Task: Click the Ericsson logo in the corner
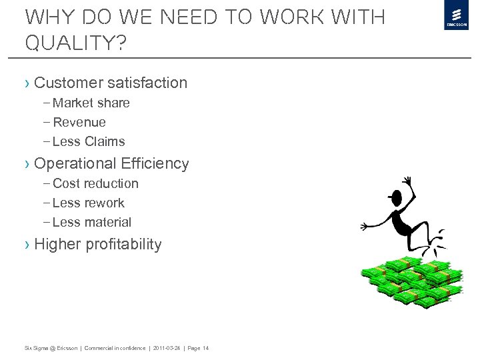tap(457, 15)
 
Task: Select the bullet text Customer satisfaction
tap(110, 83)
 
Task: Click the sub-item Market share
tap(91, 103)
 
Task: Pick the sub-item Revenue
tap(79, 123)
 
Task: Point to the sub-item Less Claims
tap(88, 141)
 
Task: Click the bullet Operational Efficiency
tap(111, 163)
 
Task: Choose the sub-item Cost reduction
tap(95, 183)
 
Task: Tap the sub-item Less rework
tap(88, 203)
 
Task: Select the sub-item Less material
tap(91, 222)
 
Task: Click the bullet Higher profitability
tap(97, 245)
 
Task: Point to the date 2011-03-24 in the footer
tap(166, 348)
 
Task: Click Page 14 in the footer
tap(197, 348)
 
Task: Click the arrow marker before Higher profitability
tap(27, 245)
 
